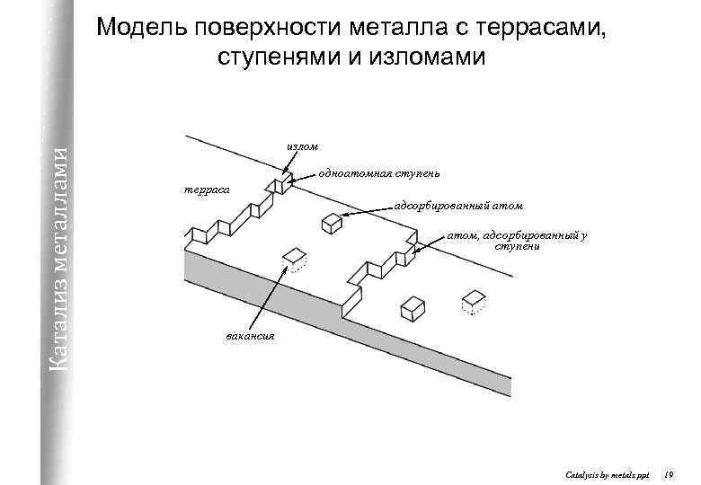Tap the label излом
301,145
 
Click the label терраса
206,190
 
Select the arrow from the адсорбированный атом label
368,211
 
